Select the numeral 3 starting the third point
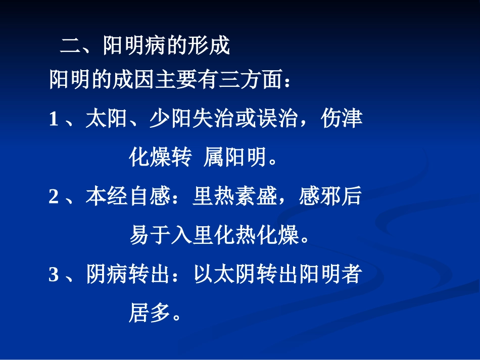[x=54, y=275]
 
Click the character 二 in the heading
[x=70, y=46]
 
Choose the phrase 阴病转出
[x=127, y=275]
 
